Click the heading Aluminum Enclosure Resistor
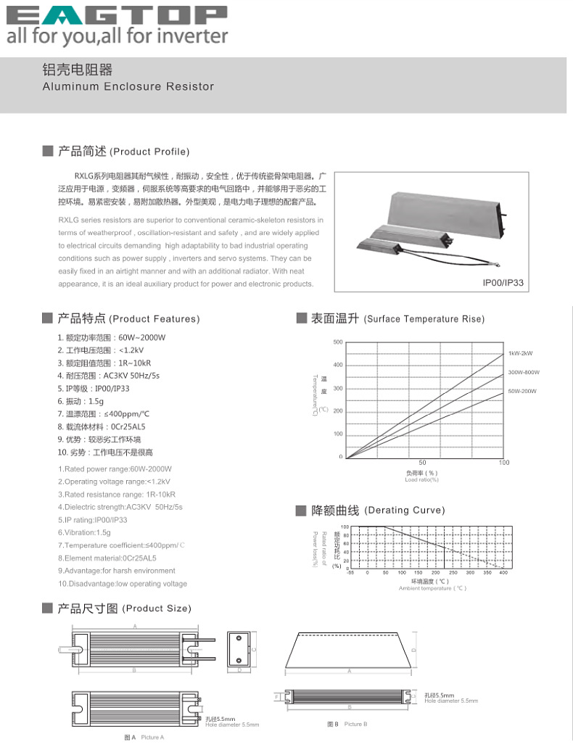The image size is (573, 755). tap(128, 86)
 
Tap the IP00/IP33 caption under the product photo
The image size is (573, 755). tap(503, 283)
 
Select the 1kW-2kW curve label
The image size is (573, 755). tap(520, 353)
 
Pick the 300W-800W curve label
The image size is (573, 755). tap(523, 372)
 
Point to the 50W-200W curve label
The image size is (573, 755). tap(522, 391)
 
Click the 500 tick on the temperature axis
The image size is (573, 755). tap(338, 342)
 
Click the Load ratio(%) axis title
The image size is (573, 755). tap(421, 479)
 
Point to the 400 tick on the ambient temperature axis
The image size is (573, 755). tap(503, 573)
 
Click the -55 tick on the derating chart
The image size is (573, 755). tap(350, 573)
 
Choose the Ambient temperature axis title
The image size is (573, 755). tap(432, 588)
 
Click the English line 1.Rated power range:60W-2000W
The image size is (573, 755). tap(115, 469)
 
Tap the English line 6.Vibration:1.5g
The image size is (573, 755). tap(84, 532)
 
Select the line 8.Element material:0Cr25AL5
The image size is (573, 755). tap(107, 558)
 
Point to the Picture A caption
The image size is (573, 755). tap(144, 738)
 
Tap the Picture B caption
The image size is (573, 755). tap(347, 725)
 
